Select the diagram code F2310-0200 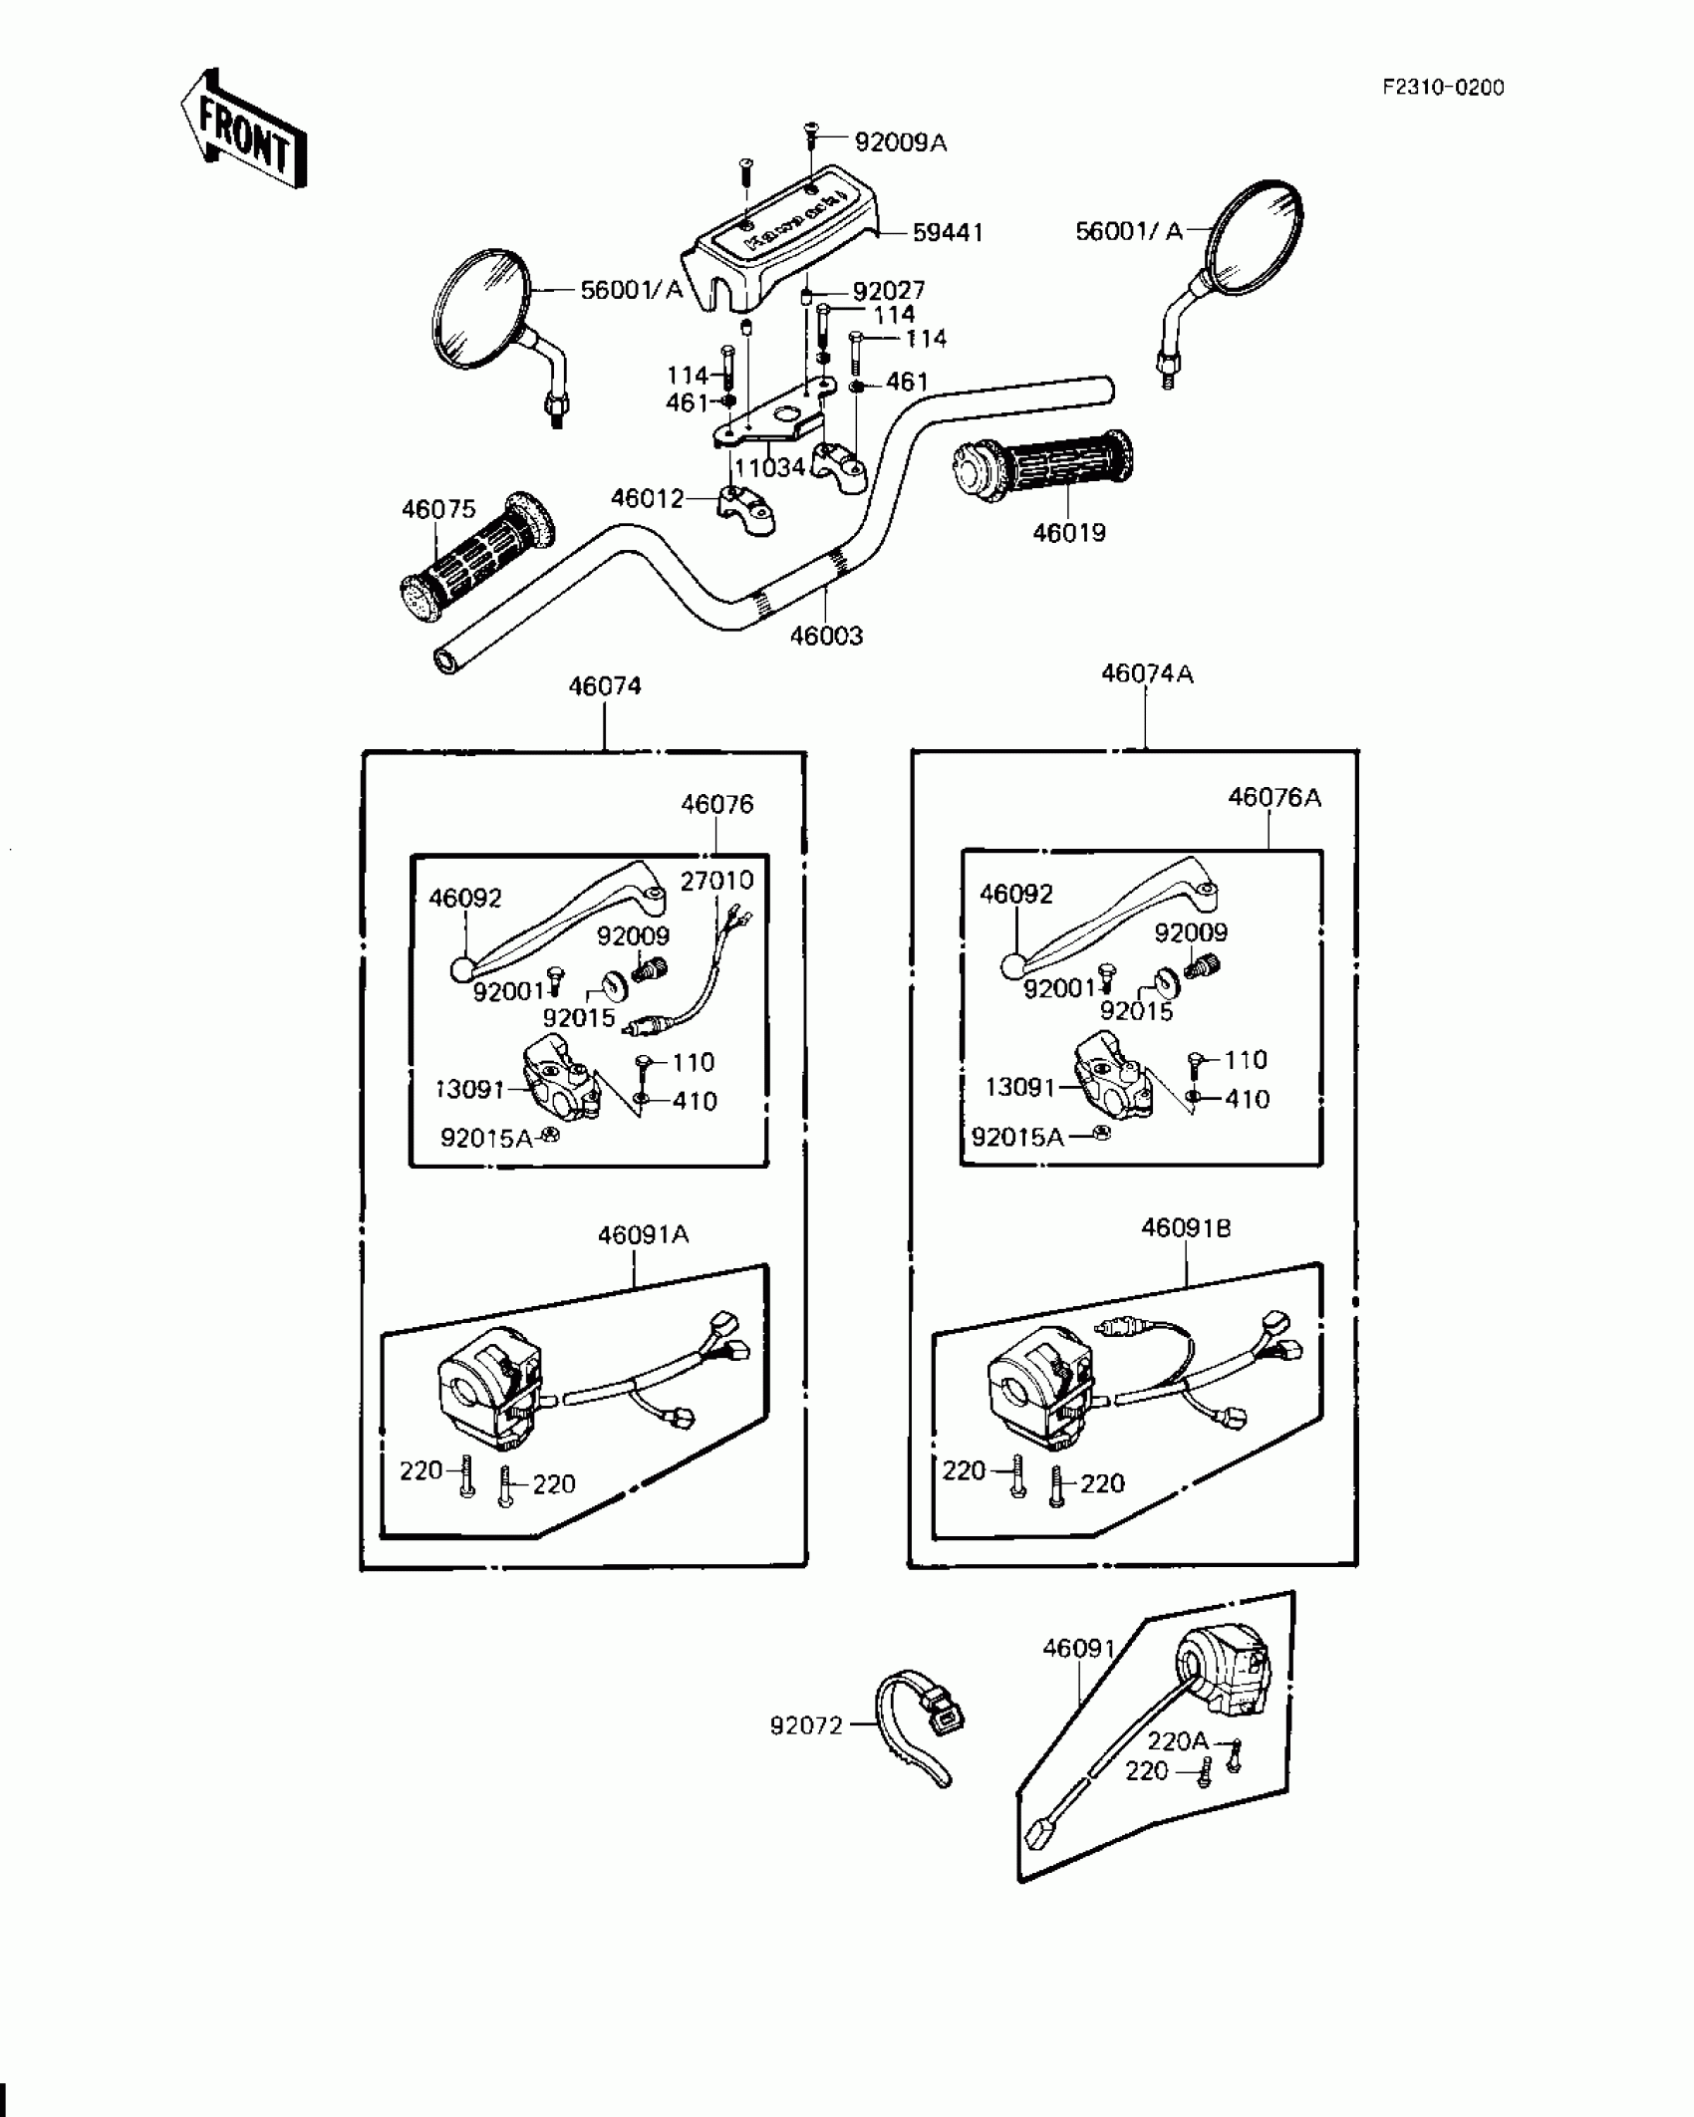coord(1442,88)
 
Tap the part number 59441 coord(948,233)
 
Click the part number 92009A coord(901,143)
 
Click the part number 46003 coord(826,636)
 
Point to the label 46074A coord(1146,674)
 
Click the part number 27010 coord(716,881)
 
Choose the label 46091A coord(643,1235)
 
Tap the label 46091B coord(1186,1229)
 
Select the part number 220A coord(1177,1741)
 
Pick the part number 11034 coord(769,467)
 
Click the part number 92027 coord(888,291)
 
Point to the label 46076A coord(1273,798)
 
